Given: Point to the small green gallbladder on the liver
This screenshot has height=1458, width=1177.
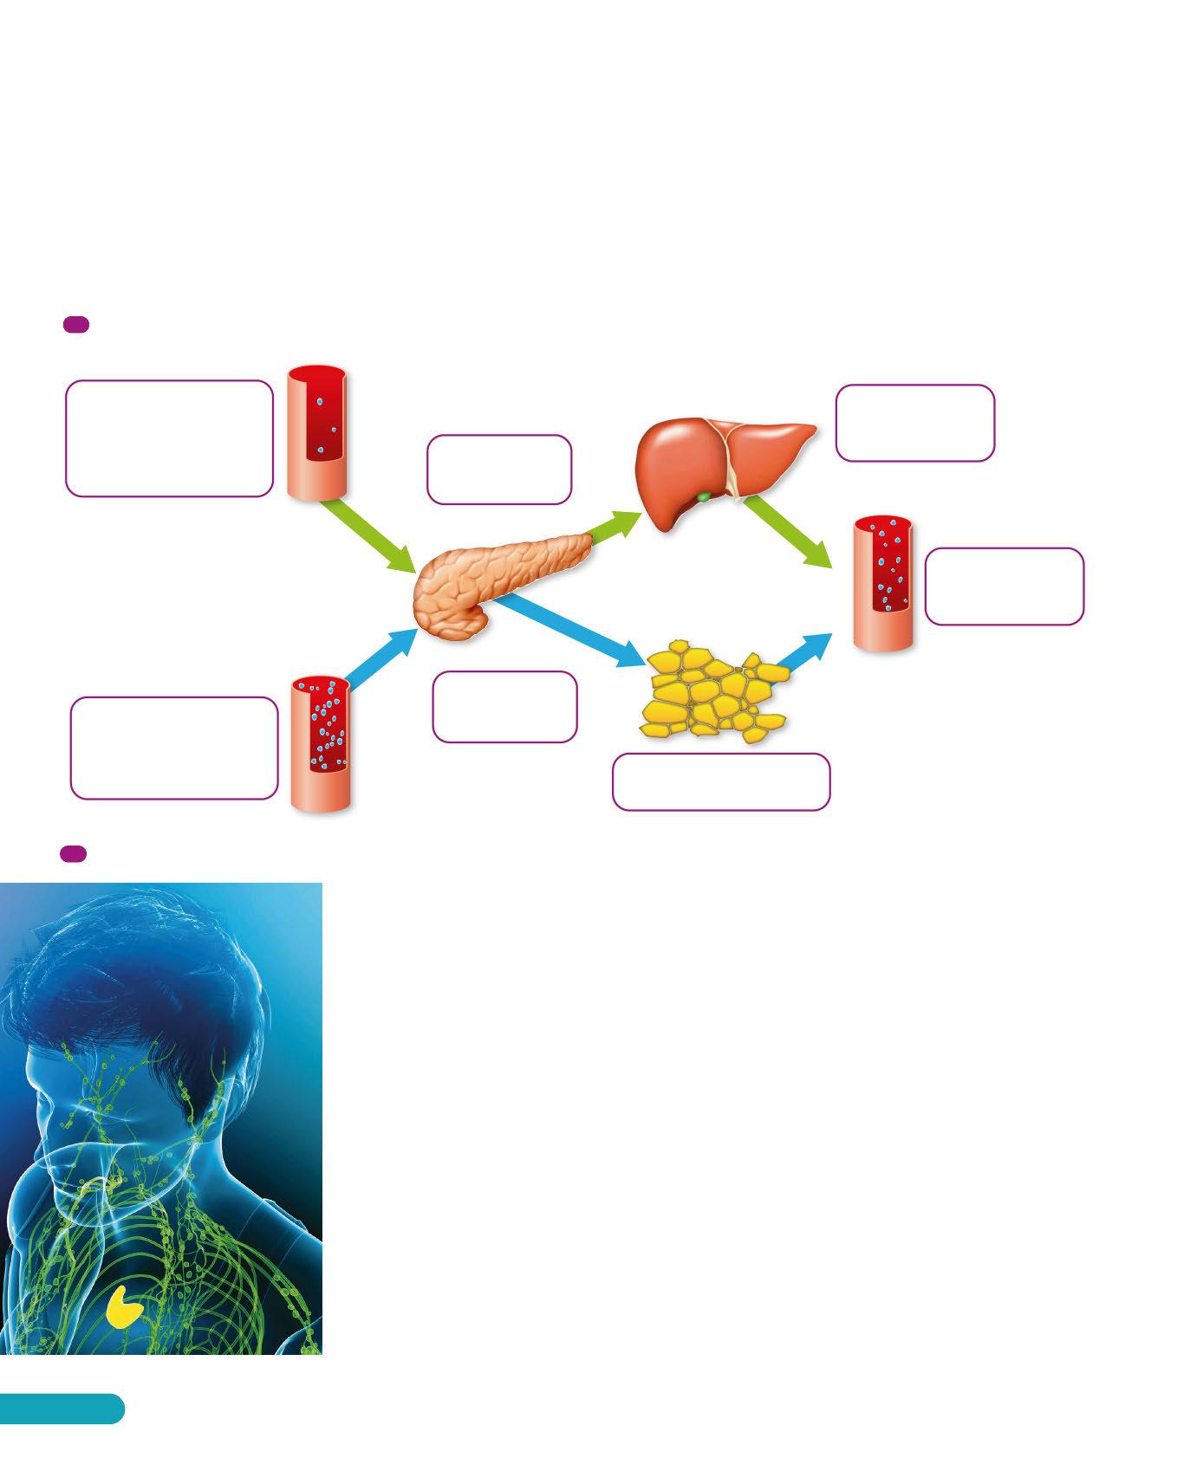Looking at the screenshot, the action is pyautogui.click(x=705, y=497).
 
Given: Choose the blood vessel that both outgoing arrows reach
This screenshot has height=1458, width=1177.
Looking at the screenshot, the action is pyautogui.click(x=883, y=583).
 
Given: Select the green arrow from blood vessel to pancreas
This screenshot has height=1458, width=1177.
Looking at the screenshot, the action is pyautogui.click(x=369, y=537).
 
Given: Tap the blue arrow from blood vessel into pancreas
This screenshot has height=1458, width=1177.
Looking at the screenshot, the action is pyautogui.click(x=381, y=658).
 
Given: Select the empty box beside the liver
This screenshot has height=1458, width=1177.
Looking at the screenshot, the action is pyautogui.click(x=914, y=423).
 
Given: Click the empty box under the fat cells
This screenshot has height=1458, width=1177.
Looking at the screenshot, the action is pyautogui.click(x=720, y=781).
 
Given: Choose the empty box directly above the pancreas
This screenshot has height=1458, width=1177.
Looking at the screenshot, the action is pyautogui.click(x=499, y=470).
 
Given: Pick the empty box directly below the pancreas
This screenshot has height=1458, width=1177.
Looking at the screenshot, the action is pyautogui.click(x=504, y=707).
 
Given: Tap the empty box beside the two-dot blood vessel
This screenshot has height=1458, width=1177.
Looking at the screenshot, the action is pyautogui.click(x=170, y=438).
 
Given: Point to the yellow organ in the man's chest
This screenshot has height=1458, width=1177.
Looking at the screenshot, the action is pyautogui.click(x=125, y=1306).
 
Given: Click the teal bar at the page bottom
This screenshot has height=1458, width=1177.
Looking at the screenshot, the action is pyautogui.click(x=61, y=1408).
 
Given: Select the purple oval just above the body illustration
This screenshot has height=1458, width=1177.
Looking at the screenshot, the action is pyautogui.click(x=73, y=853).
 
